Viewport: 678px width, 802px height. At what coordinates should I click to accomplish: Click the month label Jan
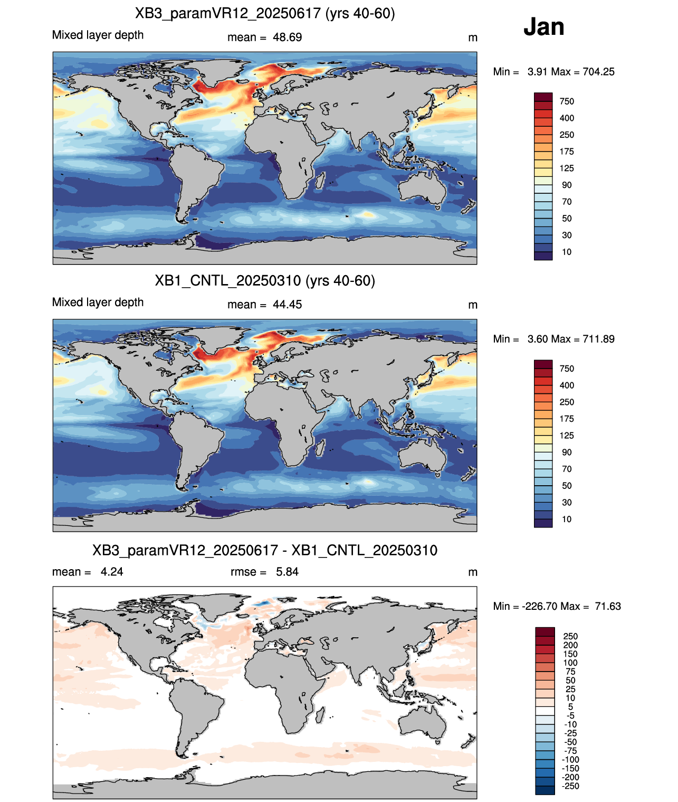543,27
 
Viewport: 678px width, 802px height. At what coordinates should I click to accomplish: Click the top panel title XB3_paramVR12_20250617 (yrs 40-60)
265,14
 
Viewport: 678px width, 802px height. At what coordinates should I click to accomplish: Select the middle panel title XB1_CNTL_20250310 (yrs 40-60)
265,280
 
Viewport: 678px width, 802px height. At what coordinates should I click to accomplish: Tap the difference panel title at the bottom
265,550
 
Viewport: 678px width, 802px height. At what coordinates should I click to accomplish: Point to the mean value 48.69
287,37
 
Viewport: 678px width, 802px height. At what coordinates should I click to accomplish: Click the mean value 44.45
287,305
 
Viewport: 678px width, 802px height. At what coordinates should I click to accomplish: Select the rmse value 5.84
287,572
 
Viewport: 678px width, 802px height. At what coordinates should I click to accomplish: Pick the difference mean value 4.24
112,572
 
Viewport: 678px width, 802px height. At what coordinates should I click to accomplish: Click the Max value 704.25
598,72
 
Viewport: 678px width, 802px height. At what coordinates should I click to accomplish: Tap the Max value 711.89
598,339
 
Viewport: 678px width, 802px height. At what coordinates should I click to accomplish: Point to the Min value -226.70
539,607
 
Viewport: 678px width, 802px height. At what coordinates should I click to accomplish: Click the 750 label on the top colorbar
567,101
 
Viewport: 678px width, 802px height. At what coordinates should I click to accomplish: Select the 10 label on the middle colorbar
567,519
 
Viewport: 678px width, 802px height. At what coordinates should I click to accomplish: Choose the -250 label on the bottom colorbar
571,786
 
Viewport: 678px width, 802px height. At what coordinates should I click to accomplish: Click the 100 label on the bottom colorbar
570,663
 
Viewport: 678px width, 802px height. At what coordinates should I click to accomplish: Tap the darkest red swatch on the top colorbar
543,97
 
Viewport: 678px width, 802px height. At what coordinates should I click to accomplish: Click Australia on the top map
423,187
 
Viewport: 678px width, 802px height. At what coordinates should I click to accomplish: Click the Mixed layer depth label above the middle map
98,302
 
